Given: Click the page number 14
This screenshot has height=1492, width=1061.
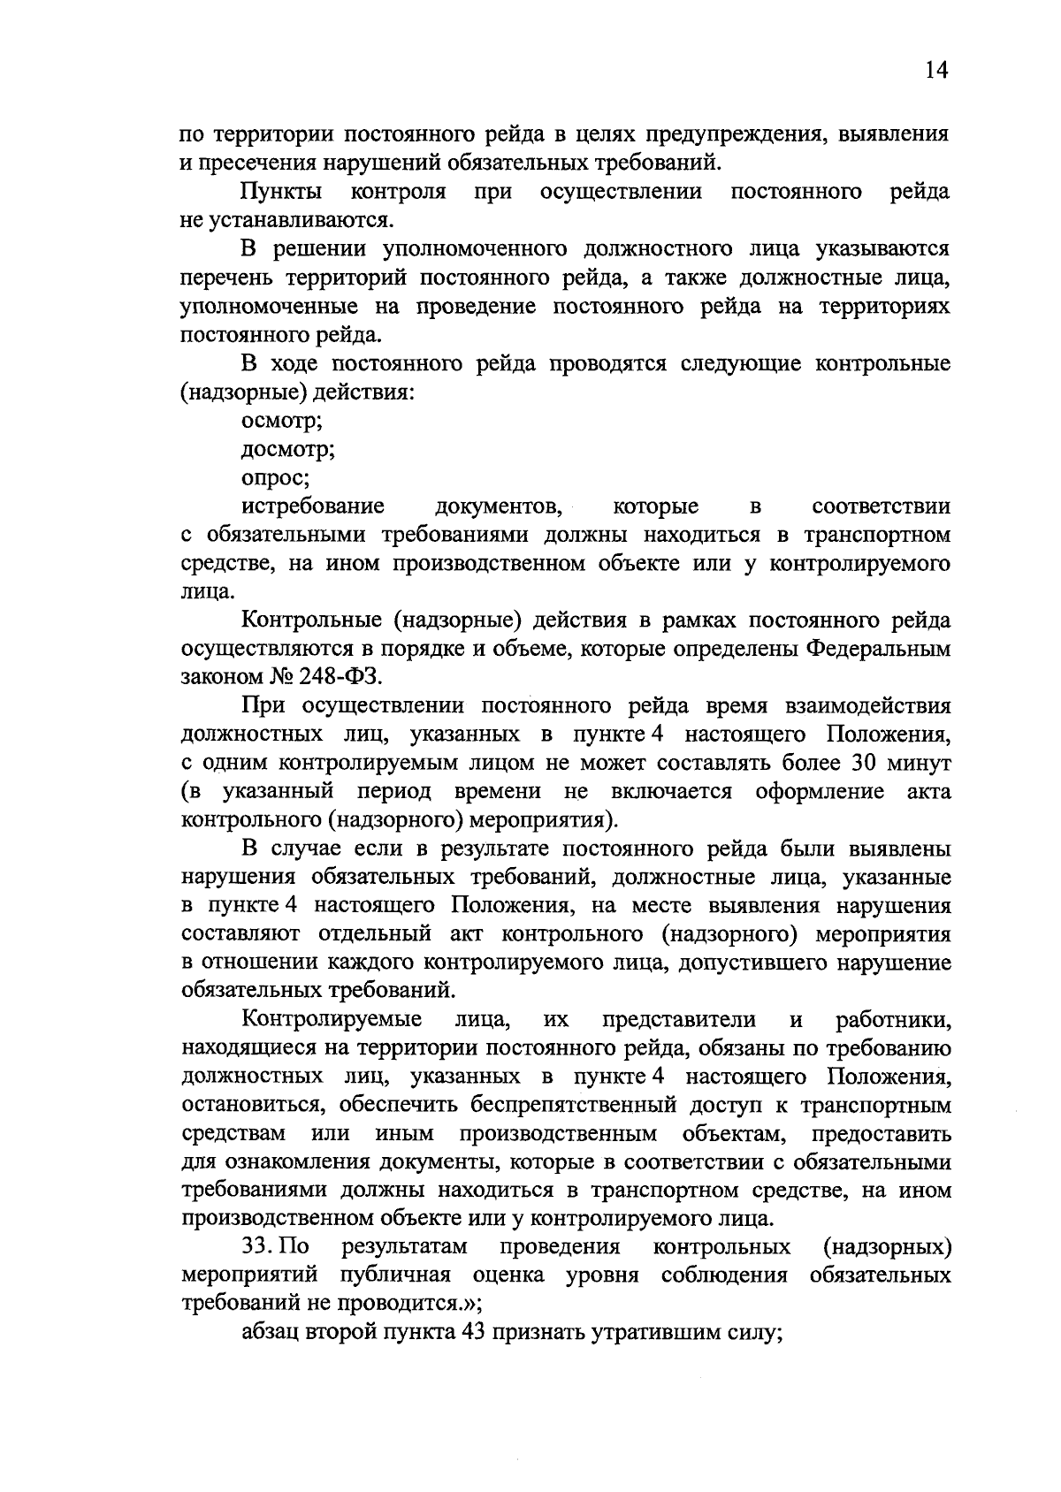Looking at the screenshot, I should coord(936,72).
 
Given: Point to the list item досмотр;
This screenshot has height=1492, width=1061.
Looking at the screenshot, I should coord(288,450).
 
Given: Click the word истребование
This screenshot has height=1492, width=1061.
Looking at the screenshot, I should coord(313,506).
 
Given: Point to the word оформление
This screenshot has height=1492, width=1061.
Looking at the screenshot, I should coord(820,791).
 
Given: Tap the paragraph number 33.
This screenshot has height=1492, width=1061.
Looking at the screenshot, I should coord(256,1247).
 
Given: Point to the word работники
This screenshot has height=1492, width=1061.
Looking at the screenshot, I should coord(893,1020).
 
